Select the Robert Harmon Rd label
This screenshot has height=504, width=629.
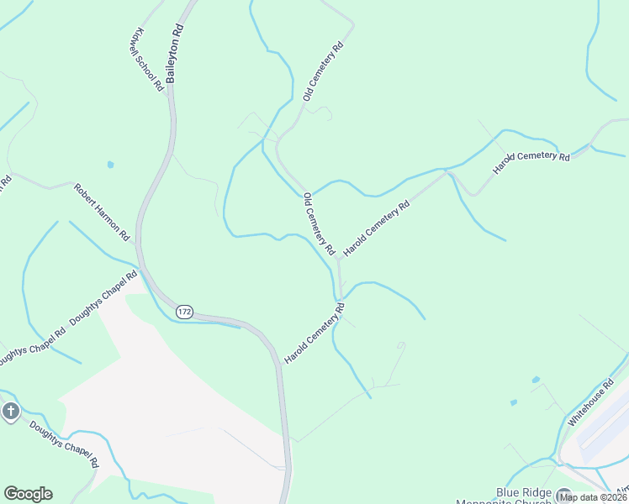click(100, 210)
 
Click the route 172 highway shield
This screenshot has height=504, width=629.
click(185, 312)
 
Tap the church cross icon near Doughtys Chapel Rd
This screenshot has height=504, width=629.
click(10, 412)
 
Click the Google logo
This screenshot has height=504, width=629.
click(28, 494)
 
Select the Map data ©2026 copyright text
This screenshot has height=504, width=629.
click(594, 497)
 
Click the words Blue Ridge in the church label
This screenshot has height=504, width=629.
click(522, 492)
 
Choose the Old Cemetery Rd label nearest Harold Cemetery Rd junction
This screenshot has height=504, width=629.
click(320, 223)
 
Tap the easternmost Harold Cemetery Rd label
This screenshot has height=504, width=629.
click(531, 157)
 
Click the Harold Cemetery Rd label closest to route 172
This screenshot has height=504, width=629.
click(314, 334)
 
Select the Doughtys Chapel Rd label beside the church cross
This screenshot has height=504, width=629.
click(64, 444)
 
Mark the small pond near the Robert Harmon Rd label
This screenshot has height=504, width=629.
click(110, 165)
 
